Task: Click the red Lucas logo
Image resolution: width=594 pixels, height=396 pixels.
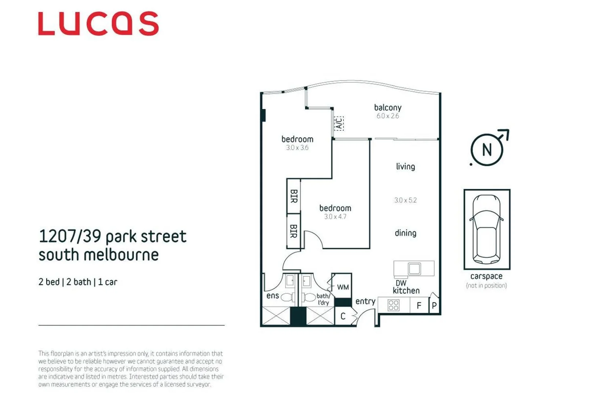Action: tap(98, 23)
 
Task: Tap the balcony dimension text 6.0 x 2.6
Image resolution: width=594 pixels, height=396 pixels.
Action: tap(387, 116)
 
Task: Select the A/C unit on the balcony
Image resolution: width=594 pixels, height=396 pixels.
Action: tap(339, 124)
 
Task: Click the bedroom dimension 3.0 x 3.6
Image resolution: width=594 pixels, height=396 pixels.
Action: tap(297, 148)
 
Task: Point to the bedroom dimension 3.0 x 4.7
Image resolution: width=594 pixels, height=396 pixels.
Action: tap(335, 217)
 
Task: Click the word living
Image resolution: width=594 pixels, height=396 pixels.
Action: tap(405, 167)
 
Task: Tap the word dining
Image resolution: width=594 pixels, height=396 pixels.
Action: tap(405, 233)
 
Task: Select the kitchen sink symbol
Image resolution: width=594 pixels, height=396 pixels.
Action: tap(414, 269)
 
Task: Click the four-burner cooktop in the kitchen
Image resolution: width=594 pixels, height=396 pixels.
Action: tap(393, 305)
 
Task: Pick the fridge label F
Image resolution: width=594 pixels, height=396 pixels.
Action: tap(419, 306)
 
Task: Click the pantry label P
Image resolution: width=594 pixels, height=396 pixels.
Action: tap(434, 306)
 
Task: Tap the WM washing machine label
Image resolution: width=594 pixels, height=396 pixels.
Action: tap(343, 287)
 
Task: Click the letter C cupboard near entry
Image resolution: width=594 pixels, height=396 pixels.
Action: tap(343, 316)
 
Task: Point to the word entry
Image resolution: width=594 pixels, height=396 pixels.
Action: tap(365, 301)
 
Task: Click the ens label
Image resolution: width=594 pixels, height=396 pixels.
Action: tap(273, 296)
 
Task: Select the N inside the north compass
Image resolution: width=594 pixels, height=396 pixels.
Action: tap(487, 150)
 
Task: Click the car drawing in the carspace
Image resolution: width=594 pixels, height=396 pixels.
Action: tap(487, 229)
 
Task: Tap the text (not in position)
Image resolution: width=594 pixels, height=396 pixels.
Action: tap(486, 286)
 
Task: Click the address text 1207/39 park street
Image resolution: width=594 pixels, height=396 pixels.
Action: tap(113, 236)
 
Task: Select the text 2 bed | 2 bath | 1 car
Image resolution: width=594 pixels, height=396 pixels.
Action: tap(78, 282)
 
